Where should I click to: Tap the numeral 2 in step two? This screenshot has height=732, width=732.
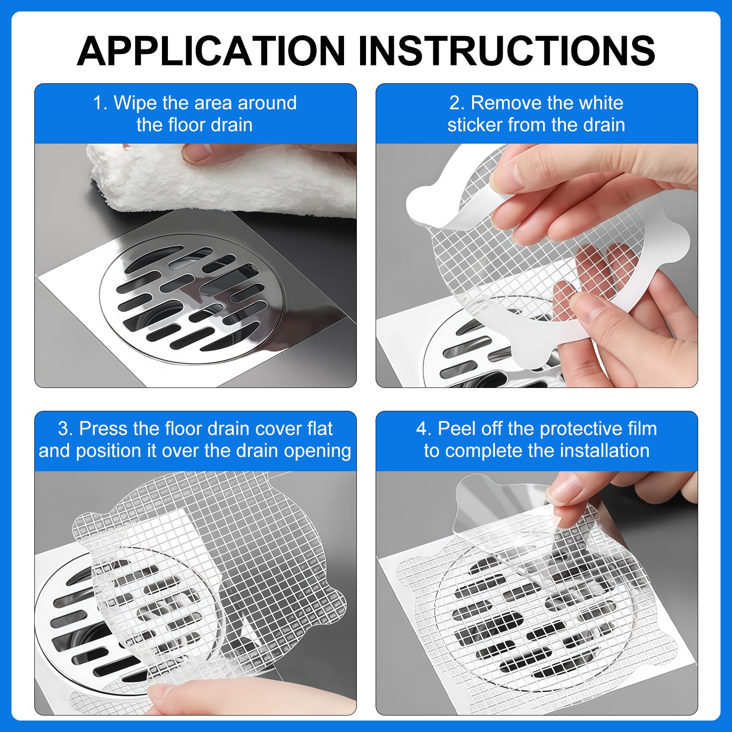pyautogui.click(x=456, y=103)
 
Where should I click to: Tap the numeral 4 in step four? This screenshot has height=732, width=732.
pyautogui.click(x=424, y=429)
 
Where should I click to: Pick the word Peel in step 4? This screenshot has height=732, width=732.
pyautogui.click(x=457, y=429)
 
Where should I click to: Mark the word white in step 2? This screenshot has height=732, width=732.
pyautogui.click(x=601, y=103)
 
